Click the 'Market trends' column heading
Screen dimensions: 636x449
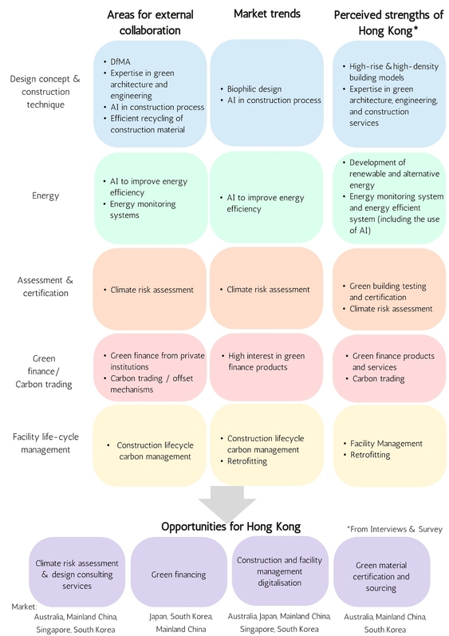pyautogui.click(x=266, y=15)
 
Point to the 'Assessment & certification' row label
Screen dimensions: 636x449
pyautogui.click(x=45, y=286)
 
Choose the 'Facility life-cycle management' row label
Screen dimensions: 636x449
pyautogui.click(x=45, y=443)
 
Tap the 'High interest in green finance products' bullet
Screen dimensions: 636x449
pyautogui.click(x=266, y=361)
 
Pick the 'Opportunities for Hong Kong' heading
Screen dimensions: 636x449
pyautogui.click(x=230, y=527)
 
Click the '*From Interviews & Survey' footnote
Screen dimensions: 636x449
pyautogui.click(x=394, y=528)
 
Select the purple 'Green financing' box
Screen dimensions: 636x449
pyautogui.click(x=178, y=572)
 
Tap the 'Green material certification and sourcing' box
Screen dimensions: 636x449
pyautogui.click(x=381, y=576)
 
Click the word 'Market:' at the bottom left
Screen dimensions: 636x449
pyautogui.click(x=24, y=606)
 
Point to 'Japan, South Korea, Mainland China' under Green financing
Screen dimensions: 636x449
pyautogui.click(x=179, y=622)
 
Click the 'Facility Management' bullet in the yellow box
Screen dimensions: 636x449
pyautogui.click(x=386, y=443)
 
